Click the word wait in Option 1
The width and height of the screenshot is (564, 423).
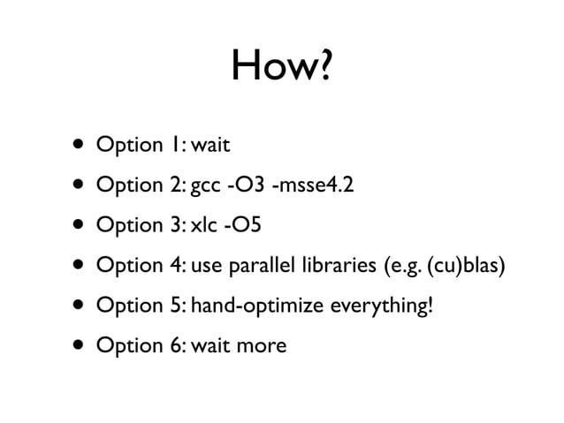210,145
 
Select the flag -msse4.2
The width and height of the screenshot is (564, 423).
307,185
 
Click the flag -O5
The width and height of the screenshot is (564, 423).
243,225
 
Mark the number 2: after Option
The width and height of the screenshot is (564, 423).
176,185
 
